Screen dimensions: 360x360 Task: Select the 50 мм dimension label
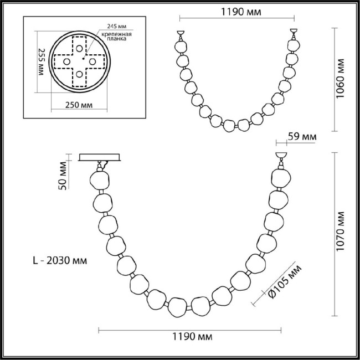[63, 175]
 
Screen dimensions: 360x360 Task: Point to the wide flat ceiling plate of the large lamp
[101, 157]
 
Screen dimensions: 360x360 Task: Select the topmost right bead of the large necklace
[280, 178]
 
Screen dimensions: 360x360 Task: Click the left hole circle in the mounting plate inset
[66, 61]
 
